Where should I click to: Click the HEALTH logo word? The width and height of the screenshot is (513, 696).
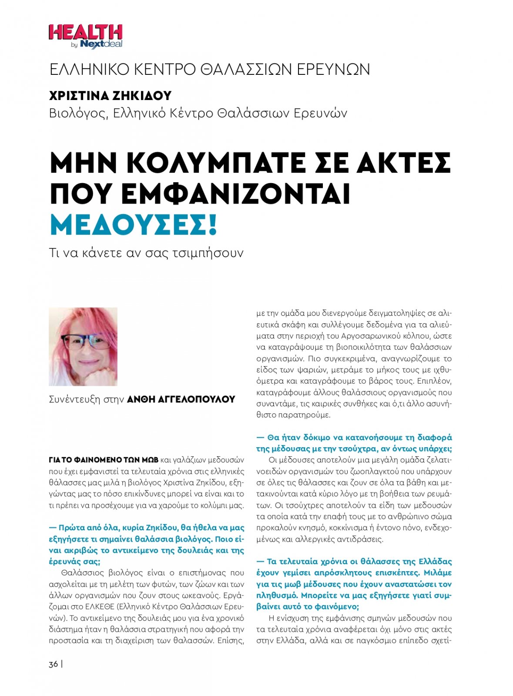click(85, 33)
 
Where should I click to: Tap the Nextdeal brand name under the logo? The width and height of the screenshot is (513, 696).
click(101, 44)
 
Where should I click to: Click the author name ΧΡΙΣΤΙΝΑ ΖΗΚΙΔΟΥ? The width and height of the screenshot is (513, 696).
click(111, 95)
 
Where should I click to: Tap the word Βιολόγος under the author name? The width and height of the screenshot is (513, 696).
click(77, 114)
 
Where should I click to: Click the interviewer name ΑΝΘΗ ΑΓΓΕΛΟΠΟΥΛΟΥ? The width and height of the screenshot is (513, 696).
click(181, 399)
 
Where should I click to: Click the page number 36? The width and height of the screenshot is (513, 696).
click(53, 664)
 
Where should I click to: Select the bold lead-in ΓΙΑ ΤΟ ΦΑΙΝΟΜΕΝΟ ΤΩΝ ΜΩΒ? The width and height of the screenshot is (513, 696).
click(104, 460)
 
